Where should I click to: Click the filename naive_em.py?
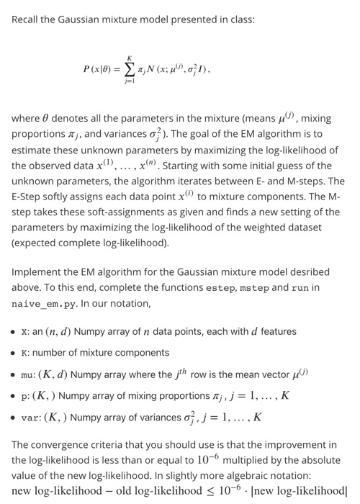point(39,304)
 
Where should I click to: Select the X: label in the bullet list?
point(26,332)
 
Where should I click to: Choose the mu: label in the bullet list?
point(30,374)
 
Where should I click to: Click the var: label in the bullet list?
point(32,418)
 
